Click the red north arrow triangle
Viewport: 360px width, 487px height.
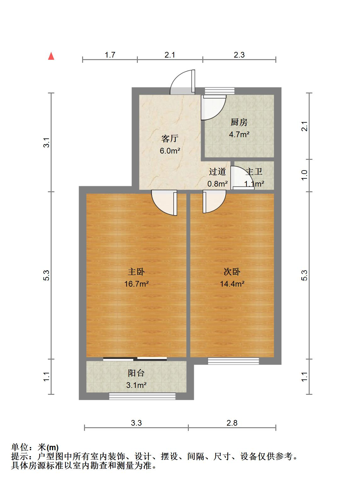51,56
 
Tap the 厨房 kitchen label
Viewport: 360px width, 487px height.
239,122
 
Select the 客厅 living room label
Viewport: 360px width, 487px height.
170,138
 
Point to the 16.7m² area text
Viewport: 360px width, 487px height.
136,284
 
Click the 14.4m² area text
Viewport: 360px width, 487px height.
232,284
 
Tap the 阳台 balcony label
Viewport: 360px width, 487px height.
136,373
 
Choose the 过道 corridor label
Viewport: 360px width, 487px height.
217,171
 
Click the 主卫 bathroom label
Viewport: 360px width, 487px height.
254,171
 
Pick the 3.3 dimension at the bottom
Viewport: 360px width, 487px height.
136,423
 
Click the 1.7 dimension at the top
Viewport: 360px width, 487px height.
110,55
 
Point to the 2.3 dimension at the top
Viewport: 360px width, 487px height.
239,55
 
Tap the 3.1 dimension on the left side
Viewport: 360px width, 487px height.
47,143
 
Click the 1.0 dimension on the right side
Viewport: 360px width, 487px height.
305,175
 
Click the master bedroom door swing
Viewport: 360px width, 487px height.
164,203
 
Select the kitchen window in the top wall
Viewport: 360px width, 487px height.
220,91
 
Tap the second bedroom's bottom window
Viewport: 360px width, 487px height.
233,361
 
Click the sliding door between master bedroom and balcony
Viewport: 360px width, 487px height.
135,359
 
